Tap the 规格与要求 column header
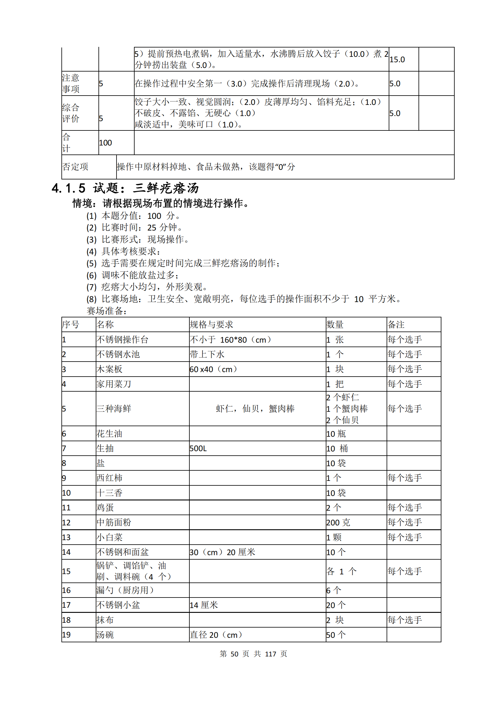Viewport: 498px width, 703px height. [x=211, y=324]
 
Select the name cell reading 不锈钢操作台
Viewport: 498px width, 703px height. [x=122, y=339]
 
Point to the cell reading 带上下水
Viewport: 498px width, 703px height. [x=207, y=354]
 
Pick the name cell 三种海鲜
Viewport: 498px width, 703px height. [x=114, y=408]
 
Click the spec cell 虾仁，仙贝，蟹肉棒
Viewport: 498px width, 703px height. [x=255, y=408]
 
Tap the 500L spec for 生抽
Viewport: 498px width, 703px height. [x=198, y=448]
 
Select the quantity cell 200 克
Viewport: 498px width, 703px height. [x=338, y=522]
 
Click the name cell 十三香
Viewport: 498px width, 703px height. [x=110, y=493]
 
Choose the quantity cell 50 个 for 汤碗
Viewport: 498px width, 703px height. [x=336, y=635]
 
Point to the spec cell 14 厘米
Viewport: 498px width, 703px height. [x=204, y=605]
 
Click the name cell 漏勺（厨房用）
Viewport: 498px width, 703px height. [x=125, y=590]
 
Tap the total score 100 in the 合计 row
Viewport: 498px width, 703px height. [x=105, y=143]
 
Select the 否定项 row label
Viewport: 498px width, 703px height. [x=76, y=167]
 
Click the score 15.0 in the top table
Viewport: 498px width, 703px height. [x=397, y=60]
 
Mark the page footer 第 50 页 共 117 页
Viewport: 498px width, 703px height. [x=253, y=654]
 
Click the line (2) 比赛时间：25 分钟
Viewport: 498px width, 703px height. [x=135, y=228]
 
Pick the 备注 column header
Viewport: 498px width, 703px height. [x=396, y=324]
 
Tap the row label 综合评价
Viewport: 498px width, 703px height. [x=71, y=113]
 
